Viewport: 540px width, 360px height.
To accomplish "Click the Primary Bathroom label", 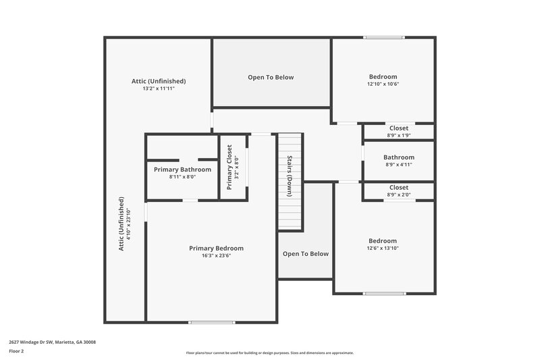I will click(x=182, y=170).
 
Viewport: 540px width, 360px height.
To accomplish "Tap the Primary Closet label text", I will click(x=230, y=167).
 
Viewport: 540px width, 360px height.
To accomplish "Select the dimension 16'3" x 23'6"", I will click(x=216, y=256).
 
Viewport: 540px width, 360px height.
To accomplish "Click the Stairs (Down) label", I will click(x=290, y=176).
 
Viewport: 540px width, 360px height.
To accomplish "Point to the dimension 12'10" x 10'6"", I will click(x=383, y=84).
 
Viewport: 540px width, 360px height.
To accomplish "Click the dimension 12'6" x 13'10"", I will click(x=383, y=249).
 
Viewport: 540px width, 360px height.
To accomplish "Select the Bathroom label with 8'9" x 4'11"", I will click(x=399, y=157).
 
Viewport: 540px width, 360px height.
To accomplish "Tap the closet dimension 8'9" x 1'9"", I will click(x=399, y=135).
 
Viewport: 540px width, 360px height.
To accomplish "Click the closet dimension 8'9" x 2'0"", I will click(x=399, y=195).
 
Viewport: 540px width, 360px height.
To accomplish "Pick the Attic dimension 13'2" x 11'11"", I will click(x=159, y=88).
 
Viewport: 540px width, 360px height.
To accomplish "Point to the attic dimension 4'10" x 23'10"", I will click(x=129, y=224).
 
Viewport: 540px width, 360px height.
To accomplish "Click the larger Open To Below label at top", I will click(x=271, y=78).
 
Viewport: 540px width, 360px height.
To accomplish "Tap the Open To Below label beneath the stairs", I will click(x=306, y=254).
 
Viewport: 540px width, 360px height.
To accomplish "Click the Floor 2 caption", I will click(x=16, y=351).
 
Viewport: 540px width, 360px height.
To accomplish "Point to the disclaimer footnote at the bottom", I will click(x=270, y=353).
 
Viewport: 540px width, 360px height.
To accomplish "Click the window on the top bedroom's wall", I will click(x=384, y=37).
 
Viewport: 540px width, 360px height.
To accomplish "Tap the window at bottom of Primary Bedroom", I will click(x=211, y=322).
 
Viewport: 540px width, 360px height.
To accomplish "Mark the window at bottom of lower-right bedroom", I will click(x=384, y=293).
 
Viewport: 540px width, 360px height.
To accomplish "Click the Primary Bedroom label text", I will click(x=216, y=249).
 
